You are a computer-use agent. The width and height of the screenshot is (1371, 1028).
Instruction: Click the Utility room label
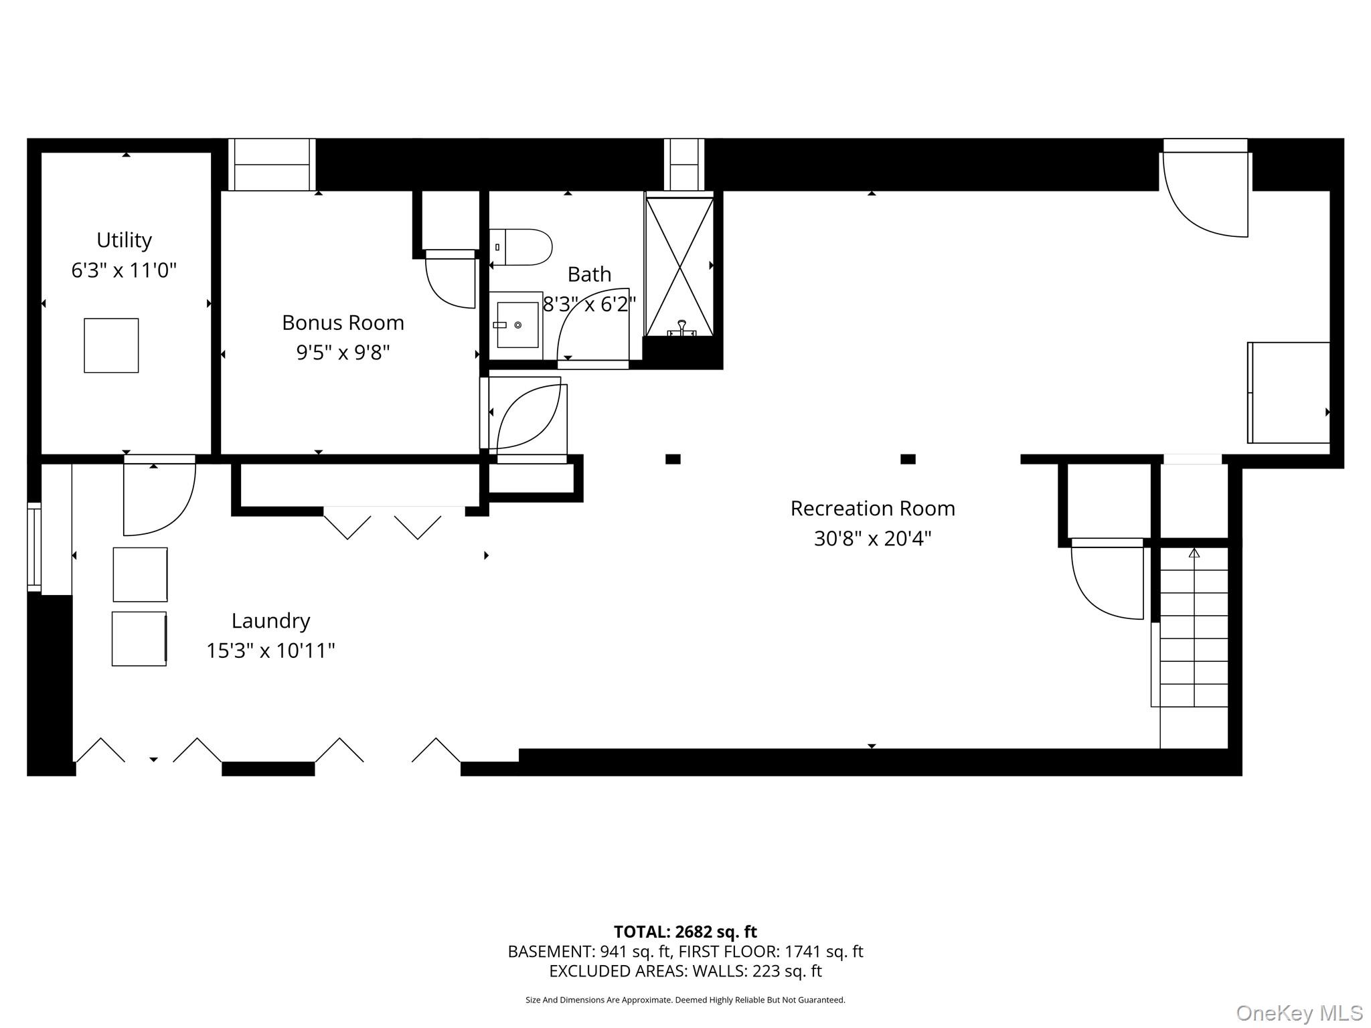(x=124, y=240)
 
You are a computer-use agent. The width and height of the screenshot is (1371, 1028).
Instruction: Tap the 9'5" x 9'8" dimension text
(x=343, y=352)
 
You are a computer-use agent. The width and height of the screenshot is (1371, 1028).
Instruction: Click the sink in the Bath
(x=517, y=325)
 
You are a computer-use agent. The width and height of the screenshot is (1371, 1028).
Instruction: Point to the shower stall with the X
(x=679, y=266)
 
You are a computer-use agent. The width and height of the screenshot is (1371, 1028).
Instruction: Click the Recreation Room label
(x=872, y=509)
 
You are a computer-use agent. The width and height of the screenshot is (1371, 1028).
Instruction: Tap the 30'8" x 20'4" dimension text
(x=872, y=538)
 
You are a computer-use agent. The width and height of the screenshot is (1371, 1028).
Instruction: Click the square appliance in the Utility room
(x=111, y=345)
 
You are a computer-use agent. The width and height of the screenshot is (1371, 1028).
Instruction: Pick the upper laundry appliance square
(x=140, y=574)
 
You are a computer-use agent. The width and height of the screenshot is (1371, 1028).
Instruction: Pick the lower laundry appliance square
(x=139, y=638)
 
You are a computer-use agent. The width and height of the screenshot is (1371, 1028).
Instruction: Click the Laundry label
(x=270, y=620)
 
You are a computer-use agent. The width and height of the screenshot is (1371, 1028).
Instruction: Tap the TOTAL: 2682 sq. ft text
(x=685, y=932)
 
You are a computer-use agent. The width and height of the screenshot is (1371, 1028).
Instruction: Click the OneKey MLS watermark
(x=1299, y=1013)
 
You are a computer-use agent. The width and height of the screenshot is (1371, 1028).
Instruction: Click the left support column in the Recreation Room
(x=673, y=459)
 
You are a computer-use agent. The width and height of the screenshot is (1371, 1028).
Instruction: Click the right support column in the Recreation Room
(x=908, y=459)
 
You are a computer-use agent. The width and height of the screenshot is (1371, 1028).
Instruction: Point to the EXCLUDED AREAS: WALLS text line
(x=685, y=970)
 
